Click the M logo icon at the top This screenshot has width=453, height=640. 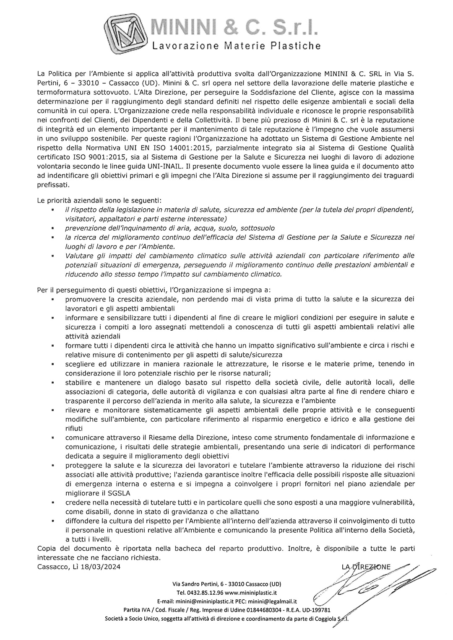click(127, 32)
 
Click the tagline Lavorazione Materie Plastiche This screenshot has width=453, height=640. click(236, 45)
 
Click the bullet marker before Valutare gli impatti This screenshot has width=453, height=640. click(52, 256)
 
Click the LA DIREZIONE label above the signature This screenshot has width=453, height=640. click(366, 567)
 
